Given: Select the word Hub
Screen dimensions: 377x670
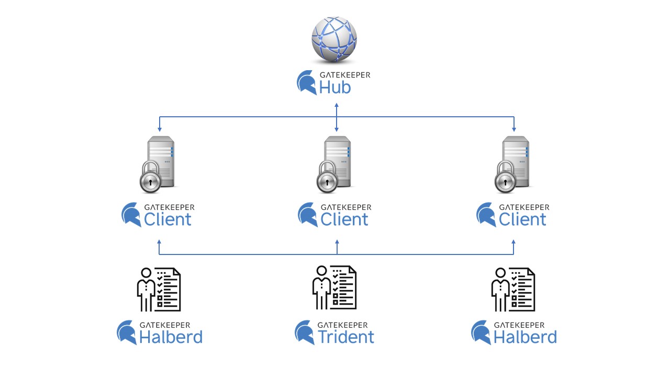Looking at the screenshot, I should pyautogui.click(x=335, y=87).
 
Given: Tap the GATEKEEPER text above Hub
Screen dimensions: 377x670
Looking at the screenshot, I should pyautogui.click(x=344, y=75).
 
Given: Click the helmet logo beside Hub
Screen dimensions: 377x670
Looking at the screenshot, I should pyautogui.click(x=307, y=83).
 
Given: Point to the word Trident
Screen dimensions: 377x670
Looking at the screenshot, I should pyautogui.click(x=346, y=337).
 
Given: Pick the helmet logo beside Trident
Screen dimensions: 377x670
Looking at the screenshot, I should pyautogui.click(x=305, y=332).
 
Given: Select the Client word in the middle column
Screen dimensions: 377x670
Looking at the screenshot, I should pyautogui.click(x=344, y=219).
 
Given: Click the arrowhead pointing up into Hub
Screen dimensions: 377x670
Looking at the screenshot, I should pyautogui.click(x=337, y=105).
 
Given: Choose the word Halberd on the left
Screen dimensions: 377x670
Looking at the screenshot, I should pyautogui.click(x=171, y=337).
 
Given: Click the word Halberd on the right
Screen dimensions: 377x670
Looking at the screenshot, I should pyautogui.click(x=525, y=337).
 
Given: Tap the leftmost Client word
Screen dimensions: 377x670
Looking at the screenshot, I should pyautogui.click(x=167, y=219).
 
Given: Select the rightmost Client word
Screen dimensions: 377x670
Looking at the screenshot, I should pyautogui.click(x=522, y=219).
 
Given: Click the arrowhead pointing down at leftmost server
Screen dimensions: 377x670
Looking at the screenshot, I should pyautogui.click(x=159, y=128).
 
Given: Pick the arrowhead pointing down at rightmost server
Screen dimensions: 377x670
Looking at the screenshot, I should pyautogui.click(x=514, y=128).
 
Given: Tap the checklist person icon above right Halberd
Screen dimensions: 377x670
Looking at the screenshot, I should pyautogui.click(x=513, y=289).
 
